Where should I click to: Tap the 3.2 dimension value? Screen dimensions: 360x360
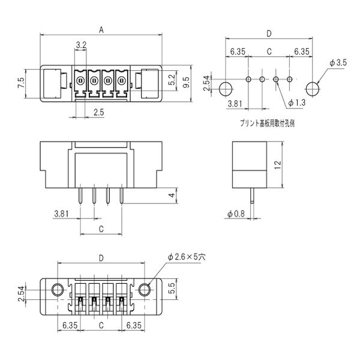pos(82,44)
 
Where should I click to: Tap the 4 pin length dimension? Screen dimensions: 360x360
pos(172,196)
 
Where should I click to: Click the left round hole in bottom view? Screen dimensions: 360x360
pos(58,290)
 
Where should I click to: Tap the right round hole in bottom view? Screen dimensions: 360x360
pos(145,290)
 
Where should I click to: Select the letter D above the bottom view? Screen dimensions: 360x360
pos(101,257)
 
